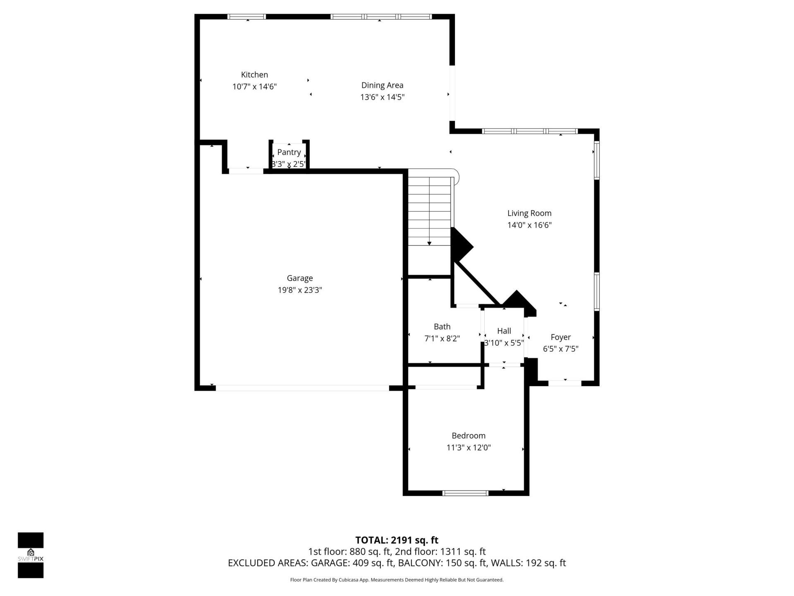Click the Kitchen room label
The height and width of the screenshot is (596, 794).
254,75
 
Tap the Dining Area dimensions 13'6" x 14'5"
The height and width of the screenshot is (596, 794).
382,97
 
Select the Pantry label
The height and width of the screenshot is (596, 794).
289,152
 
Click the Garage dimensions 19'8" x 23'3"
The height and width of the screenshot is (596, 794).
300,290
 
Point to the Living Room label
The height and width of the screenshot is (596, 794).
529,213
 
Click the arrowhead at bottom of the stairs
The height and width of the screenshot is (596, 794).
429,243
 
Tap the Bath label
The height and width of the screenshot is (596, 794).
442,327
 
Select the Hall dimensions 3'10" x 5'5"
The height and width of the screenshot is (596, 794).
504,343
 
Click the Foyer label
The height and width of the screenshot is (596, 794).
560,337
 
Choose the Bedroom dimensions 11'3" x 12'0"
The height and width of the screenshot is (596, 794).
468,447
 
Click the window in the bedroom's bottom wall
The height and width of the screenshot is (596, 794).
465,493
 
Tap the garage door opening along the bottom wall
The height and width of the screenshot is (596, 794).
302,388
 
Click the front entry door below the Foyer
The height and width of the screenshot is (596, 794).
565,383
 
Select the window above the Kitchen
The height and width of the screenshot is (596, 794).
246,17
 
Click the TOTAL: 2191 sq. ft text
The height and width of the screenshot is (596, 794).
397,540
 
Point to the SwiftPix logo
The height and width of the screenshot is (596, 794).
31,555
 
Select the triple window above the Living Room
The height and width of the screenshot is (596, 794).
529,131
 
